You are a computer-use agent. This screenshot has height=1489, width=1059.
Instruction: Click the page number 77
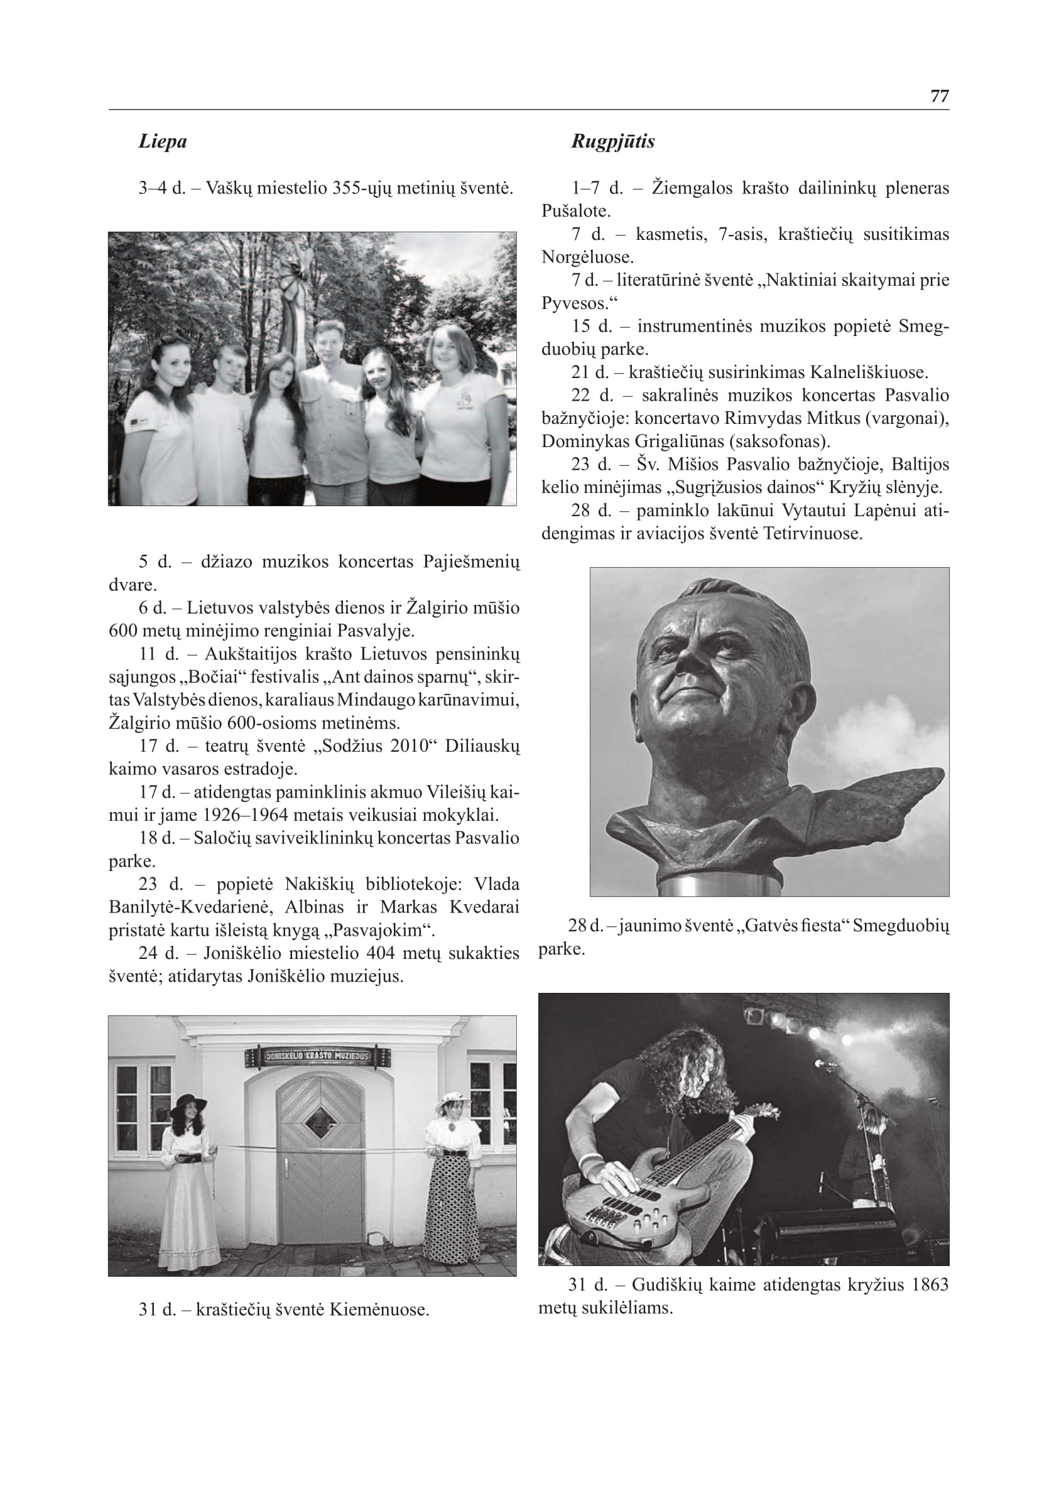pos(939,96)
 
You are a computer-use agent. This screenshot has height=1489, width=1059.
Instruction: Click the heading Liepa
pos(163,141)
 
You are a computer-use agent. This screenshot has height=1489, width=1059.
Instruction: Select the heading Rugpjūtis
pos(613,141)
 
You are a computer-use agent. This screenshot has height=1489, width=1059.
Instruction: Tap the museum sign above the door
pos(318,1056)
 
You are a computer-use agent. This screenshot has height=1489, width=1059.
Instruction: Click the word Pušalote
pos(576,211)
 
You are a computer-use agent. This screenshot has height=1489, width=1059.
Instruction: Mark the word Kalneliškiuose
pos(869,372)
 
